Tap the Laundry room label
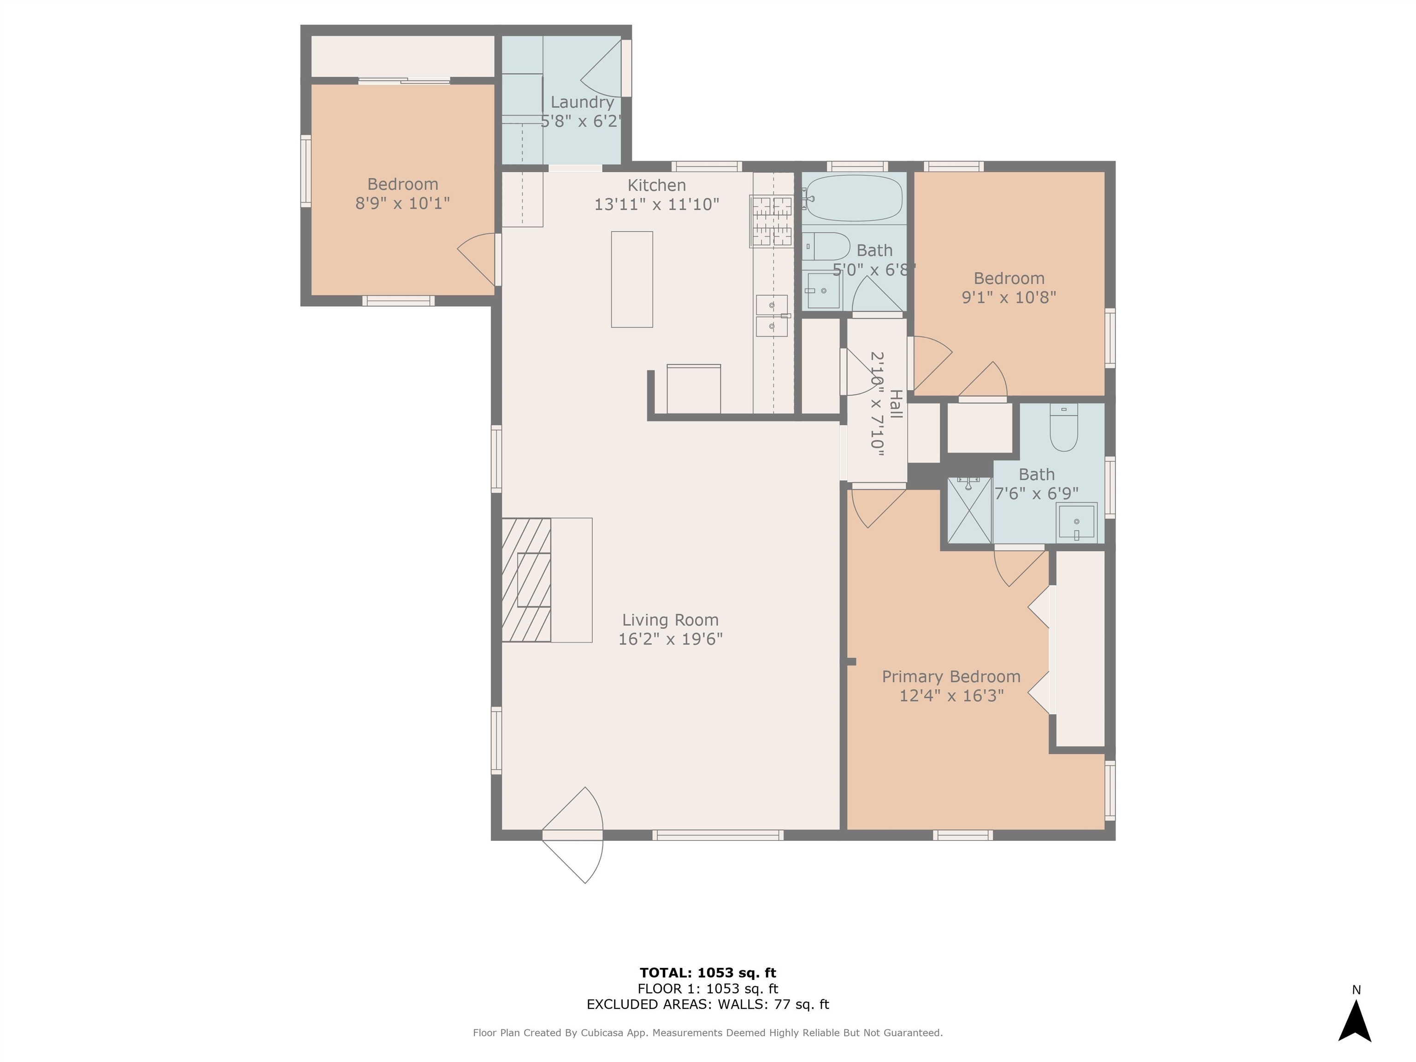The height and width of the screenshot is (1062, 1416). [582, 102]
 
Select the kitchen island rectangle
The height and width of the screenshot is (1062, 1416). [632, 279]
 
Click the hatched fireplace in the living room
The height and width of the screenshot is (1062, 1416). [526, 579]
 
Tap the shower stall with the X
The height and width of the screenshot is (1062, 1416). [970, 510]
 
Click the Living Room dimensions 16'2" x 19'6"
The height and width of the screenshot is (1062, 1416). [670, 639]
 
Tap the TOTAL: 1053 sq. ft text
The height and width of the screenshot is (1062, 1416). [708, 973]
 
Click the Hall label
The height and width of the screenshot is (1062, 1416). [896, 404]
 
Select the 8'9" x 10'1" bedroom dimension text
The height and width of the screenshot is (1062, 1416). [403, 203]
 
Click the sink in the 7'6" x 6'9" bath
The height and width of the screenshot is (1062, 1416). [1077, 522]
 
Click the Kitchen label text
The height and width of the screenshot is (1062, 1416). [657, 185]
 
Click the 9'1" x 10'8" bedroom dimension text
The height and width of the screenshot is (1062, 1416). [1009, 297]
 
